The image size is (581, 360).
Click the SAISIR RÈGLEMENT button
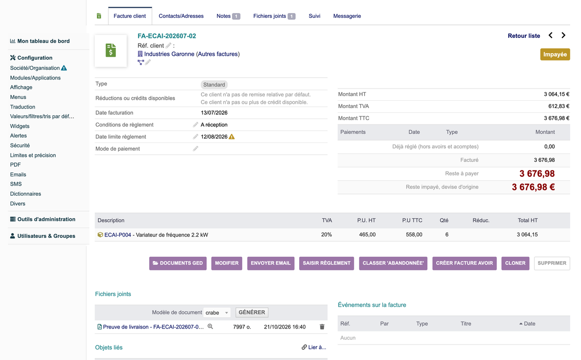[x=326, y=263]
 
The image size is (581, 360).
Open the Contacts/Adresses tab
[x=181, y=16]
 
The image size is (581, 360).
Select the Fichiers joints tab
[x=274, y=16]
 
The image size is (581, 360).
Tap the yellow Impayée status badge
[x=555, y=54]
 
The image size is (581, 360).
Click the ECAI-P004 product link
[x=118, y=235]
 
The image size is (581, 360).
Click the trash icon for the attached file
[x=322, y=327]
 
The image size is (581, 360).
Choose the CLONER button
[x=515, y=263]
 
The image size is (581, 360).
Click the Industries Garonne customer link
[x=169, y=54]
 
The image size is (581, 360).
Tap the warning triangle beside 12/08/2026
[x=231, y=137]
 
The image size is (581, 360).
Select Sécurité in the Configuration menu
[x=20, y=145]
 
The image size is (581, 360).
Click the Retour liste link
[x=524, y=36]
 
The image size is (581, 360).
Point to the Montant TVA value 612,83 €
[x=559, y=106]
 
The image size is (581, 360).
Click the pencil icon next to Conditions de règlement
[x=195, y=125]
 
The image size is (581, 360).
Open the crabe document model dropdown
[x=217, y=313]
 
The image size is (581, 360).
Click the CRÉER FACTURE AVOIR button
[x=464, y=263]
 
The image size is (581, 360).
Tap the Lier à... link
[x=314, y=347]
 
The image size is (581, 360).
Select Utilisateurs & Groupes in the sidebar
[x=46, y=236]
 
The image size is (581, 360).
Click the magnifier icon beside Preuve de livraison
[x=210, y=327]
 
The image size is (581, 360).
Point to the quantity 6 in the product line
[x=446, y=235]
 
